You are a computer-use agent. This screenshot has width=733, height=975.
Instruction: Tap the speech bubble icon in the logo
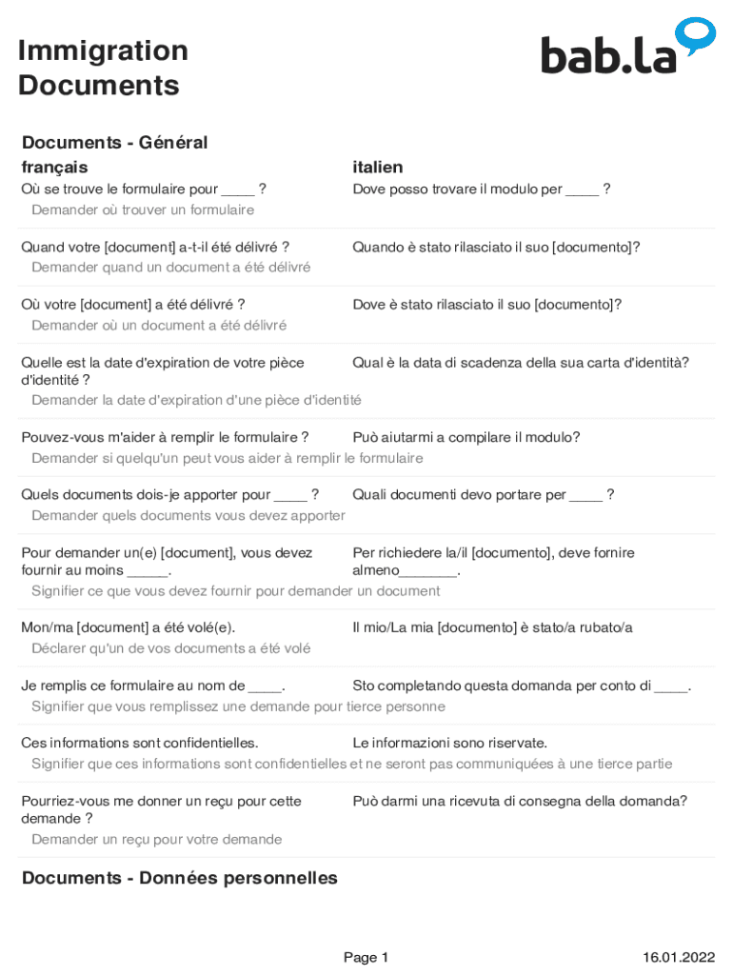coord(695,34)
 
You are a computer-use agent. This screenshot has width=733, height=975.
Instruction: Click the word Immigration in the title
coord(103,50)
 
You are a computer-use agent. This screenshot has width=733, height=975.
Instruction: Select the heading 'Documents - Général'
coord(114,143)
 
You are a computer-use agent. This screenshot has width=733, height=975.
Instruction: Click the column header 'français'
coord(54,168)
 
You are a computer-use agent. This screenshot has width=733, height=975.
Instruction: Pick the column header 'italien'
coord(377,168)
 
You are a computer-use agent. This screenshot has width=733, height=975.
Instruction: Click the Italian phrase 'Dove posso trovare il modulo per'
coord(457,189)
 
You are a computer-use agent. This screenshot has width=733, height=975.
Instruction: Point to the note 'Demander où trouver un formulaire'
coord(143,209)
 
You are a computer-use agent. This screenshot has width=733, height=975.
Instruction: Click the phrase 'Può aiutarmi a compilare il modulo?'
coord(466,438)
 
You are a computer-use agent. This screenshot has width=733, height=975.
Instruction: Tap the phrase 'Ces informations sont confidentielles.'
coord(140,743)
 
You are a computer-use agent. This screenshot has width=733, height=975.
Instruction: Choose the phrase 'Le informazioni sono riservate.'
coord(449,743)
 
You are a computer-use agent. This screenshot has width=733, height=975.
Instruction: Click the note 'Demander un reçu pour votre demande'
coord(156,840)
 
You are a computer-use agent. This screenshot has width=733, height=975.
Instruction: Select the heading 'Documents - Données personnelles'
coord(179,878)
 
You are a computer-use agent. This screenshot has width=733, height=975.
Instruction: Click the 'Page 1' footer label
coord(366,958)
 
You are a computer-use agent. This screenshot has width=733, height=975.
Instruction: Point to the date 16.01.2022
coord(678,958)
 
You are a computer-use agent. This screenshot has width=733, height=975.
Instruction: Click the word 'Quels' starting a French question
coord(39,495)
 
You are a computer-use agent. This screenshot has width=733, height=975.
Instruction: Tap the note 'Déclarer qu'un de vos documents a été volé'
coord(170,648)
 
